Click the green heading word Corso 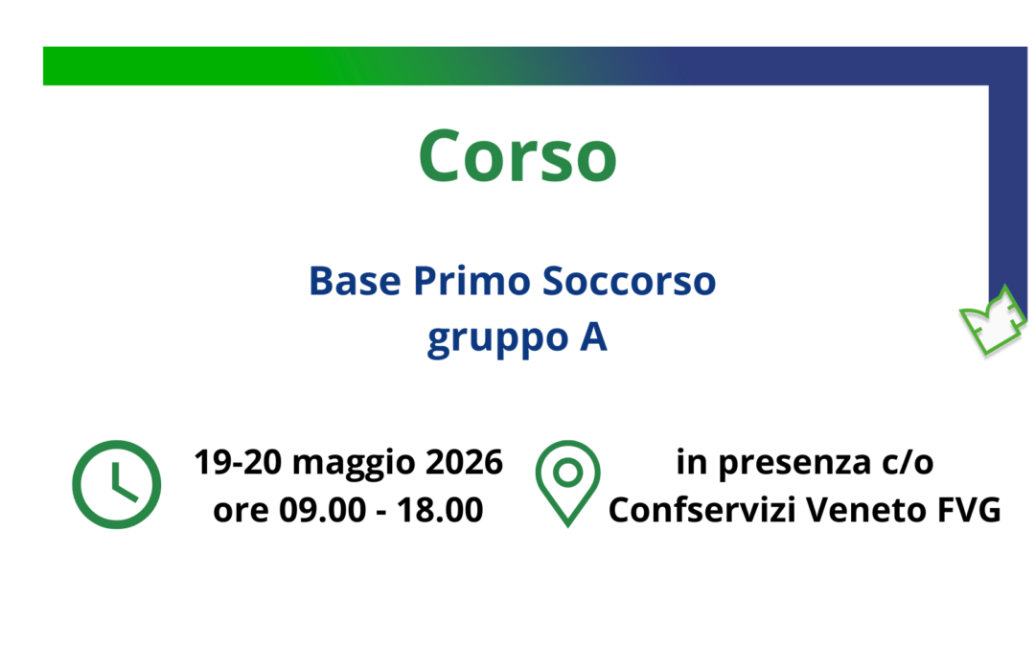(x=517, y=156)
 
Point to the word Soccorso (x=629, y=282)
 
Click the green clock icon (x=115, y=483)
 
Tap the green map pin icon (x=567, y=482)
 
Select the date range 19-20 (x=238, y=463)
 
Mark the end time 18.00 (x=442, y=511)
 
